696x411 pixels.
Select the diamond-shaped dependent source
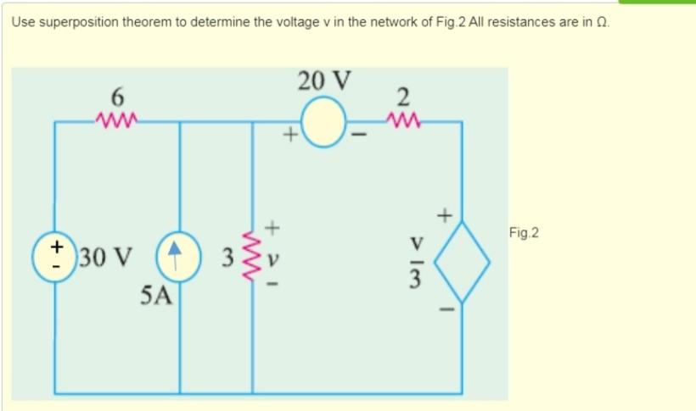click(x=463, y=260)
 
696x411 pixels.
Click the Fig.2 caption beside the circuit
click(x=525, y=231)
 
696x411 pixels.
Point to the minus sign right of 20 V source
click(x=361, y=134)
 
